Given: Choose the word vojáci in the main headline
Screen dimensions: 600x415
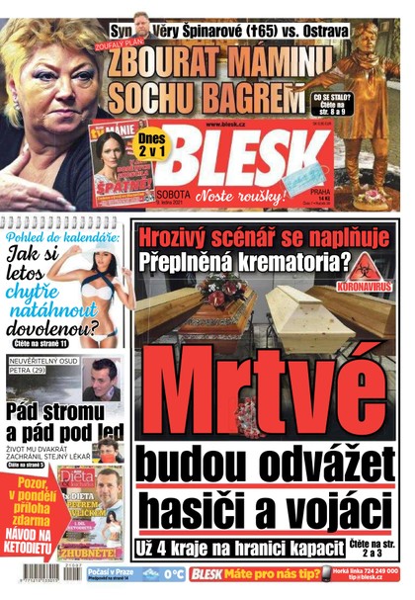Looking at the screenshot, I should [330, 512].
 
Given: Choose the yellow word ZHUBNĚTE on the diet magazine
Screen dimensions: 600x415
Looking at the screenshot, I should [94, 553].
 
